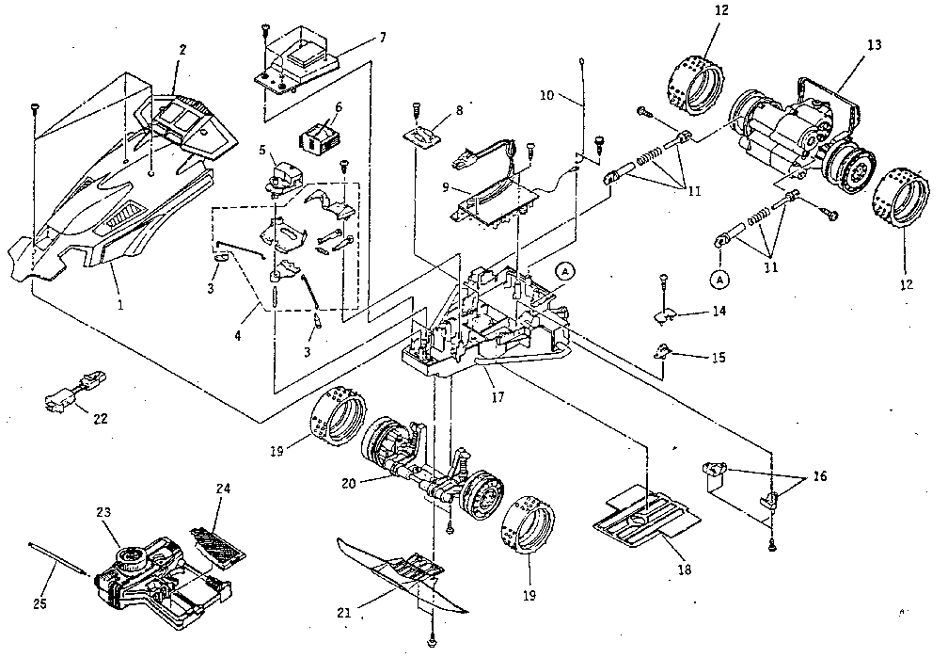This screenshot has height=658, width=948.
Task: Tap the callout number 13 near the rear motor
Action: [x=874, y=44]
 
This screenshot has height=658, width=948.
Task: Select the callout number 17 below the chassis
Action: [x=498, y=397]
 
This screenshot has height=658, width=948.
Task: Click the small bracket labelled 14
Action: [x=667, y=312]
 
